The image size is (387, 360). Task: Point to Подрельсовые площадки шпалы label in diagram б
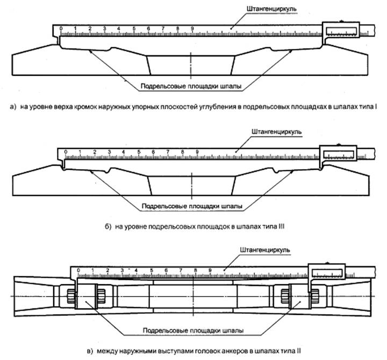191,206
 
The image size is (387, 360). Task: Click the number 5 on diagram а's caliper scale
133,28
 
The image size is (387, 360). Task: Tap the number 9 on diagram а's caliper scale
191,28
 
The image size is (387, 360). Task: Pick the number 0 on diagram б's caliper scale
66,152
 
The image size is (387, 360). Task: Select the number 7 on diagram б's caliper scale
168,152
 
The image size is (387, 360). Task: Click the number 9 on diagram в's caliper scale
210,270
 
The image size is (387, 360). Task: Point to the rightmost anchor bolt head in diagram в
314,295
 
